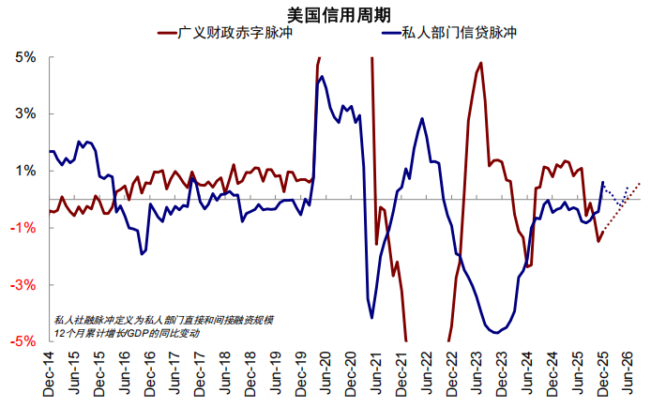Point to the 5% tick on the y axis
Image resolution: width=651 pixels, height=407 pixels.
[24, 57]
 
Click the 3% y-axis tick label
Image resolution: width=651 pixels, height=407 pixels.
[24, 114]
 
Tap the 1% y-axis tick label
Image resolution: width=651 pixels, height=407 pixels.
[24, 171]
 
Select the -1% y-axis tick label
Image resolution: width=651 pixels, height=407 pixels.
[23, 228]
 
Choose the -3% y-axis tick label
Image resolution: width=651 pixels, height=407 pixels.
[23, 284]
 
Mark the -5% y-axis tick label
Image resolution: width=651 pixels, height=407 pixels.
[23, 341]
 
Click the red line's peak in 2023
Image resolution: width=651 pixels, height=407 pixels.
[481, 64]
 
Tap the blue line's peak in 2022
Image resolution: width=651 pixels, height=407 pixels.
[423, 118]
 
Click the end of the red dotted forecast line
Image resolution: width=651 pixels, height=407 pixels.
[640, 183]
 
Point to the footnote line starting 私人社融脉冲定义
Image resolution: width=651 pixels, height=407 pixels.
[164, 320]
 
